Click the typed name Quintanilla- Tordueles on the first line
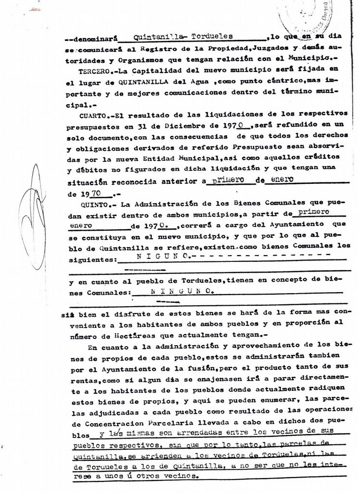(182, 36)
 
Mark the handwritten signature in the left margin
(34, 217)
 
